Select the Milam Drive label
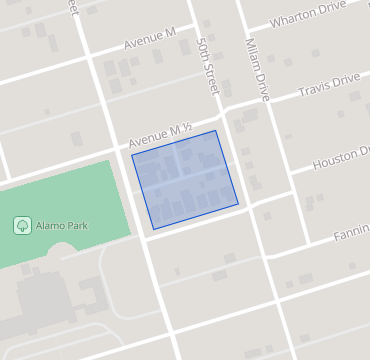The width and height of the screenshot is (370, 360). (258, 69)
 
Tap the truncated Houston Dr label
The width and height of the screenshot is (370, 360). (341, 158)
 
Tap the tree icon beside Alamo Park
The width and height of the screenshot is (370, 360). (21, 226)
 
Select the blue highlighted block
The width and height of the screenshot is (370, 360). (186, 178)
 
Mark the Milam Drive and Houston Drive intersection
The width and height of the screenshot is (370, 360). (290, 180)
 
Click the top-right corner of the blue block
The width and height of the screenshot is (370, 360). (216, 130)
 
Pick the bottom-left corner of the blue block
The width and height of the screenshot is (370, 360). (153, 229)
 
